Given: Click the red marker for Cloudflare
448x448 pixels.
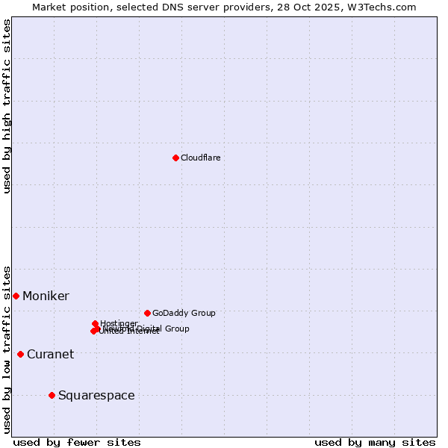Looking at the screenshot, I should (x=175, y=158).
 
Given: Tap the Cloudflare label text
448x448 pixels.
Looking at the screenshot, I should (x=200, y=158).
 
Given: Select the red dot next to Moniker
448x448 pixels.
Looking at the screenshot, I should (x=16, y=296).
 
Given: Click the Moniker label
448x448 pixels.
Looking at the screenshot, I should (x=46, y=296).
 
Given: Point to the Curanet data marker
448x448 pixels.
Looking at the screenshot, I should (x=20, y=354).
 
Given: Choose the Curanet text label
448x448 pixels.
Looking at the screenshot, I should (x=50, y=355).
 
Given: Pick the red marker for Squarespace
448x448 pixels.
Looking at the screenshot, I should (x=52, y=395).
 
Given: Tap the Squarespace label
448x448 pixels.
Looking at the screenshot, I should (x=96, y=396).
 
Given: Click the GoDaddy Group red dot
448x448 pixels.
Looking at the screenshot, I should (x=147, y=313).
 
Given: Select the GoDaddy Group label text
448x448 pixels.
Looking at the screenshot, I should (x=184, y=313).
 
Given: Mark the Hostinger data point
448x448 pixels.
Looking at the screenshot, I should (x=96, y=324).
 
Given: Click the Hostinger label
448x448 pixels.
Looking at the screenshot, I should (x=119, y=323).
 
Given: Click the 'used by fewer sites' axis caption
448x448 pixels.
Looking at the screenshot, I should (x=77, y=442).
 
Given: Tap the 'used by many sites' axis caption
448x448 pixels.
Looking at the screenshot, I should (x=375, y=442).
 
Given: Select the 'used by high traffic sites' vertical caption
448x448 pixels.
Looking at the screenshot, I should (x=7, y=106).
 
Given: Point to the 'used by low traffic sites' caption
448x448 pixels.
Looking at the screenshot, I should (x=7, y=349).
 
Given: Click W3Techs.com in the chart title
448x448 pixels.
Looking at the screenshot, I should (x=385, y=7).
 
